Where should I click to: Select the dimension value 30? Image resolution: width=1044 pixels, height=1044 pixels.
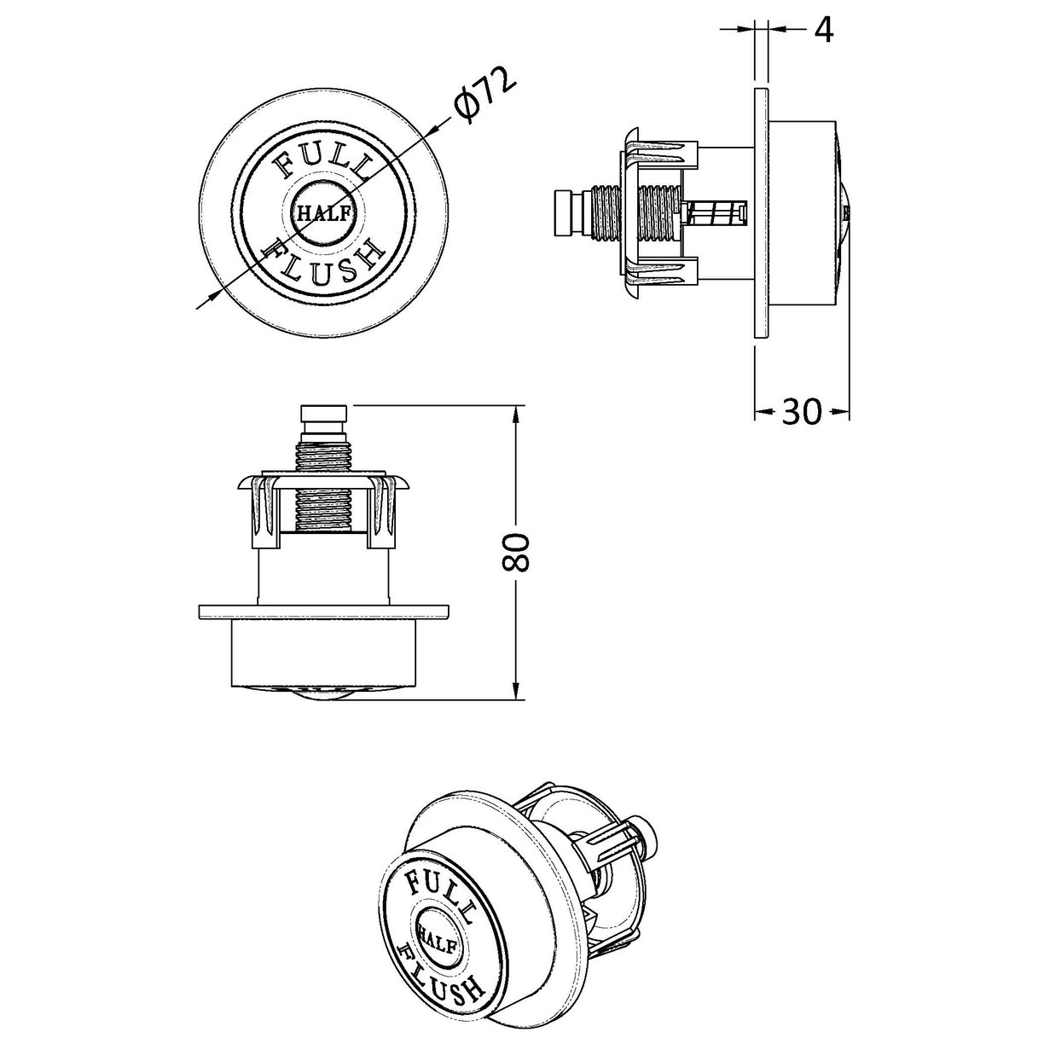point(801,412)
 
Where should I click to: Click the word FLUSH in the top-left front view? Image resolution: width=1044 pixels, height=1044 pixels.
point(322,260)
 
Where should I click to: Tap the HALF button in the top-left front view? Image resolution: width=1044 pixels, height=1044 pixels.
point(322,214)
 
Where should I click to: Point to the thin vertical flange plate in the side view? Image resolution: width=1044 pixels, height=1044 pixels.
point(762,213)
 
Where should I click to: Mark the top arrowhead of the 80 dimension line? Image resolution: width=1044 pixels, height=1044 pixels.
point(516,413)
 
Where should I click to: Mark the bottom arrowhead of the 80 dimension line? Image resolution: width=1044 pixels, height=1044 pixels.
point(516,696)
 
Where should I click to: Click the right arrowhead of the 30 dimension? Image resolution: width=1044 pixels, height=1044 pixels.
point(845,413)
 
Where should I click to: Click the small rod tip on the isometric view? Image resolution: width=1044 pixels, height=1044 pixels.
point(652,828)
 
